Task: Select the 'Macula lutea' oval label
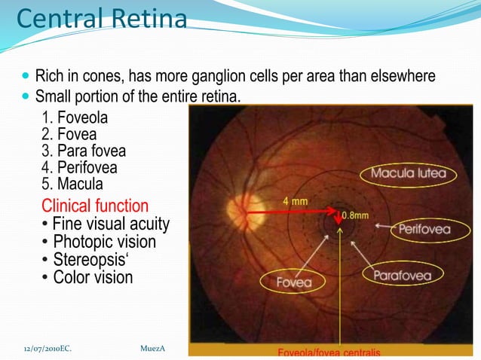408,174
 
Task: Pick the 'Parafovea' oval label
402,275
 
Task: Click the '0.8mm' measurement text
356,215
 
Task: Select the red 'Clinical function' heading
95,206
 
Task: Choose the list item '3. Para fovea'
83,151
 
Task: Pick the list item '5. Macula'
72,184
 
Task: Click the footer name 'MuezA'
152,348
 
